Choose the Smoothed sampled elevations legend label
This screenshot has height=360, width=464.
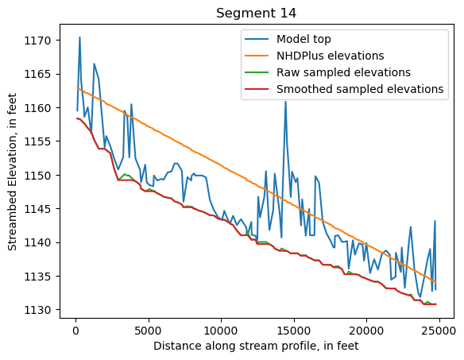click(x=360, y=89)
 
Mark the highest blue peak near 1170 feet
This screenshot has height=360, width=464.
click(x=79, y=37)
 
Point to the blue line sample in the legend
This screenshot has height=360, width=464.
click(x=257, y=39)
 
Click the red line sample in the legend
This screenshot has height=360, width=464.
click(x=257, y=89)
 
